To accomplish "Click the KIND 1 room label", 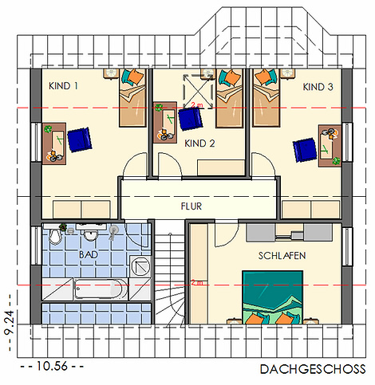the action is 63,86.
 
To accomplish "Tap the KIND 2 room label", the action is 199,143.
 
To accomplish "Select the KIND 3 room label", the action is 318,87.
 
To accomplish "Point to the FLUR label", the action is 191,206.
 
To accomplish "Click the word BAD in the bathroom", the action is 89,254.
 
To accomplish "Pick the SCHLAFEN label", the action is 282,256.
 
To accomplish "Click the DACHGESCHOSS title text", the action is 313,369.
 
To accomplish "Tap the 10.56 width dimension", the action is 52,366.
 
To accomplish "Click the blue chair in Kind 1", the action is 80,139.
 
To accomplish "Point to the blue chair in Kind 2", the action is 191,119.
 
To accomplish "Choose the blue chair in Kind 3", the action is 305,150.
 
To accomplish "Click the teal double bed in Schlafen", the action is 273,297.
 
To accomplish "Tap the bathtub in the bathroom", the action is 98,289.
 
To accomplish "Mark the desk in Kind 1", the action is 54,143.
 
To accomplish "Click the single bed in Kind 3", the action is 266,97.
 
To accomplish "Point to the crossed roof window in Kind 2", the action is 198,92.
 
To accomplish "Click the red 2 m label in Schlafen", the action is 197,283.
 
